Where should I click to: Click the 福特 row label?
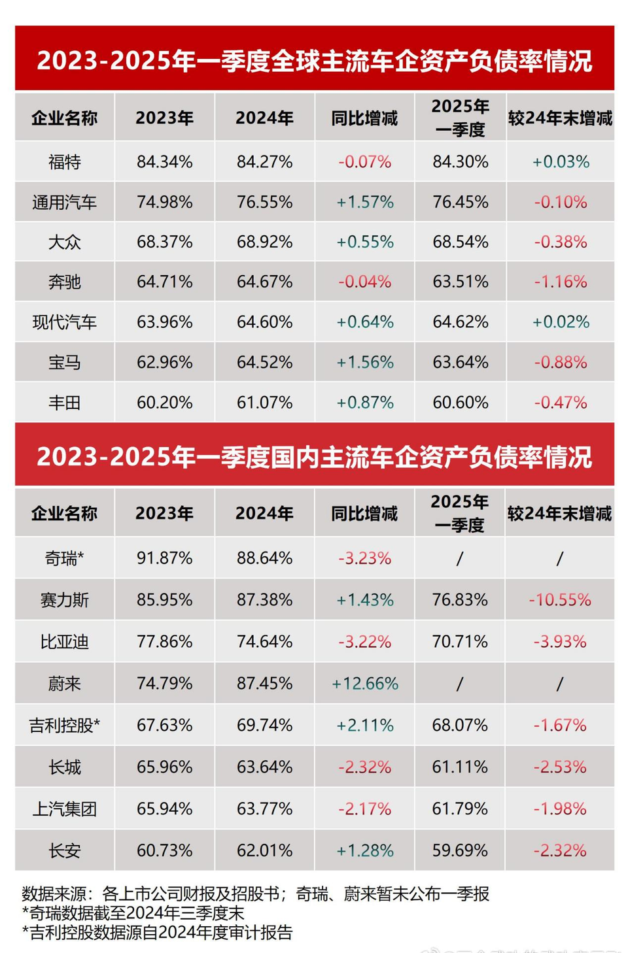pyautogui.click(x=64, y=161)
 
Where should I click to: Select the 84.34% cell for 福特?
pyautogui.click(x=164, y=161)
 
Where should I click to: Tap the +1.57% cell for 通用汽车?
pyautogui.click(x=364, y=202)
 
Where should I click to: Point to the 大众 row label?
pyautogui.click(x=64, y=242)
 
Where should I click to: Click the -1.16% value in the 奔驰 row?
pyautogui.click(x=560, y=282)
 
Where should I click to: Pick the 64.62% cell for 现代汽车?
pyautogui.click(x=460, y=322)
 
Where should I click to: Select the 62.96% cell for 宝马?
pyautogui.click(x=164, y=362)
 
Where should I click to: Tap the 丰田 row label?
pyautogui.click(x=64, y=402)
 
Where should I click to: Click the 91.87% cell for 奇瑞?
pyautogui.click(x=164, y=558)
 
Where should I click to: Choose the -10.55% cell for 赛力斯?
pyautogui.click(x=560, y=600)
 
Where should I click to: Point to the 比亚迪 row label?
pyautogui.click(x=64, y=642)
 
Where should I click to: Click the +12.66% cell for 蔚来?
pyautogui.click(x=364, y=684)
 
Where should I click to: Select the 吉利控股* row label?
pyautogui.click(x=64, y=725)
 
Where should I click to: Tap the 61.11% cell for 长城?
pyautogui.click(x=460, y=767)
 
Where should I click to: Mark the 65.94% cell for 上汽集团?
pyautogui.click(x=164, y=809)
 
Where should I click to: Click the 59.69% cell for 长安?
pyautogui.click(x=460, y=850)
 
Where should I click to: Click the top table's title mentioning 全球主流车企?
pyautogui.click(x=314, y=61)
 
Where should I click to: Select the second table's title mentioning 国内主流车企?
pyautogui.click(x=314, y=456)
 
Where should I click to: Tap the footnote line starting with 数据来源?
pyautogui.click(x=255, y=894)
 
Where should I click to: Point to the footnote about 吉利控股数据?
pyautogui.click(x=157, y=932)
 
